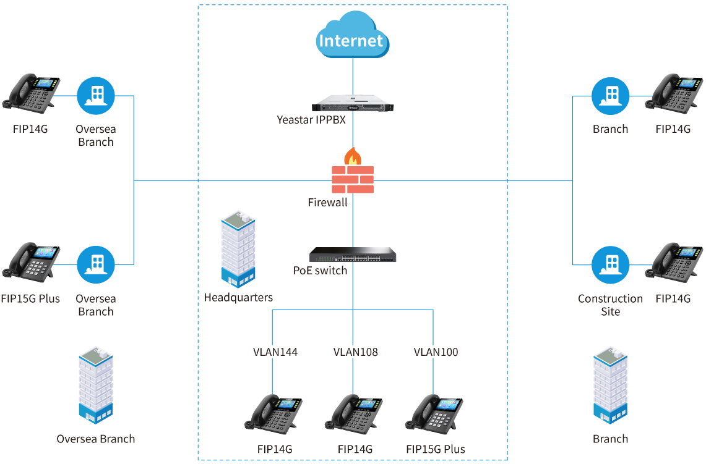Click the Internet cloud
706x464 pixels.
(x=353, y=35)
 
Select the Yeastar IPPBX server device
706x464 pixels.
(x=353, y=103)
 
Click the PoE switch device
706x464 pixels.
(x=353, y=255)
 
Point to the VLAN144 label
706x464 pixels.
(x=275, y=352)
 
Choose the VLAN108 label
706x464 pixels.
(x=355, y=352)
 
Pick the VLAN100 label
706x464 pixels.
(x=436, y=352)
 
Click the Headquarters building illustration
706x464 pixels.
(x=238, y=249)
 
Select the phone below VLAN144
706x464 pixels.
(x=273, y=414)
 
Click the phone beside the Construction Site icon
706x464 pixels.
(x=674, y=263)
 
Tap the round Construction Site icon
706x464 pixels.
(x=611, y=265)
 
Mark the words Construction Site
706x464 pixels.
(x=610, y=305)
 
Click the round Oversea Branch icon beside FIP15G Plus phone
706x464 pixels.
(x=96, y=265)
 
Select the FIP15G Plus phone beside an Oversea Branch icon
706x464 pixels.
(x=31, y=263)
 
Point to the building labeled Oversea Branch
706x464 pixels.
(x=95, y=386)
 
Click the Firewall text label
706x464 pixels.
(x=327, y=202)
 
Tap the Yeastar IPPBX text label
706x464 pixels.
(x=311, y=120)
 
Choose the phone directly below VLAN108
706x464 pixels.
(x=354, y=414)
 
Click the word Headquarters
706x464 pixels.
(x=238, y=298)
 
